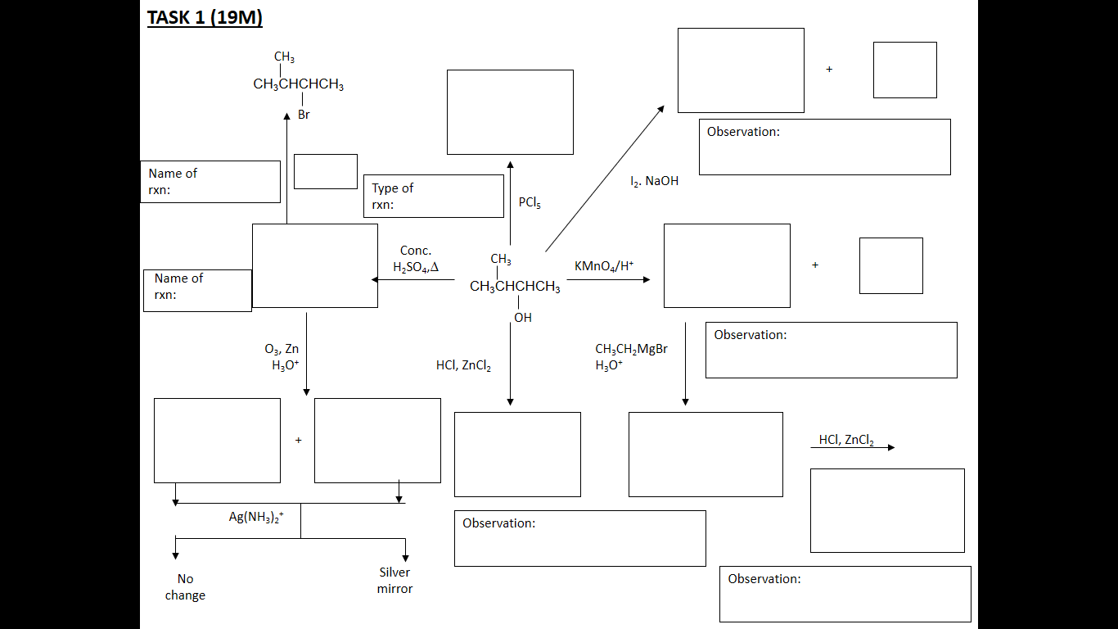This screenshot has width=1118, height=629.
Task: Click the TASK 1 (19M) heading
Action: coord(205,17)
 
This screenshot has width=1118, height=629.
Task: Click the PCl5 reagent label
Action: coord(530,202)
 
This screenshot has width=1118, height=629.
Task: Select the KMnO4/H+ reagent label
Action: coord(604,266)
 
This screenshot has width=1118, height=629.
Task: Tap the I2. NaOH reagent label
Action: coord(654,181)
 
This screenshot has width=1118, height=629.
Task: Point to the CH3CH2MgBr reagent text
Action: coord(631,349)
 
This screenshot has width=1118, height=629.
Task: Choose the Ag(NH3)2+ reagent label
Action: coord(256,517)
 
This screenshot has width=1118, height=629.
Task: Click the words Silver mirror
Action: coord(394,581)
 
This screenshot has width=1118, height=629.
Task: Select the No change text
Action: coord(185,587)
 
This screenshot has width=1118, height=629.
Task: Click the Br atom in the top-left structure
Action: coord(304,115)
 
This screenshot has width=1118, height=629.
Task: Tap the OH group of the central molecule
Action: coord(522,318)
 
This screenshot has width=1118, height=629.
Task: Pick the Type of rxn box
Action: coord(433,197)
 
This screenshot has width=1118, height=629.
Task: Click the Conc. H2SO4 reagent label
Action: coord(416,259)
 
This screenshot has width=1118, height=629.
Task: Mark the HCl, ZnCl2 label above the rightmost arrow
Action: coord(845,440)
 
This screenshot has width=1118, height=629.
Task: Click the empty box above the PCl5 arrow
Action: coord(510,112)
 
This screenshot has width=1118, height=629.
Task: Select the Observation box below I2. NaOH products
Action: coord(824,147)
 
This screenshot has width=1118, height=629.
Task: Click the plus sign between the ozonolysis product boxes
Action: coord(298,441)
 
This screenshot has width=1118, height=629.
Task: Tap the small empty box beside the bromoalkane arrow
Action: coord(325,171)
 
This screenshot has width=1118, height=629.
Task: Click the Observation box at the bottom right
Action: coord(845,594)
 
